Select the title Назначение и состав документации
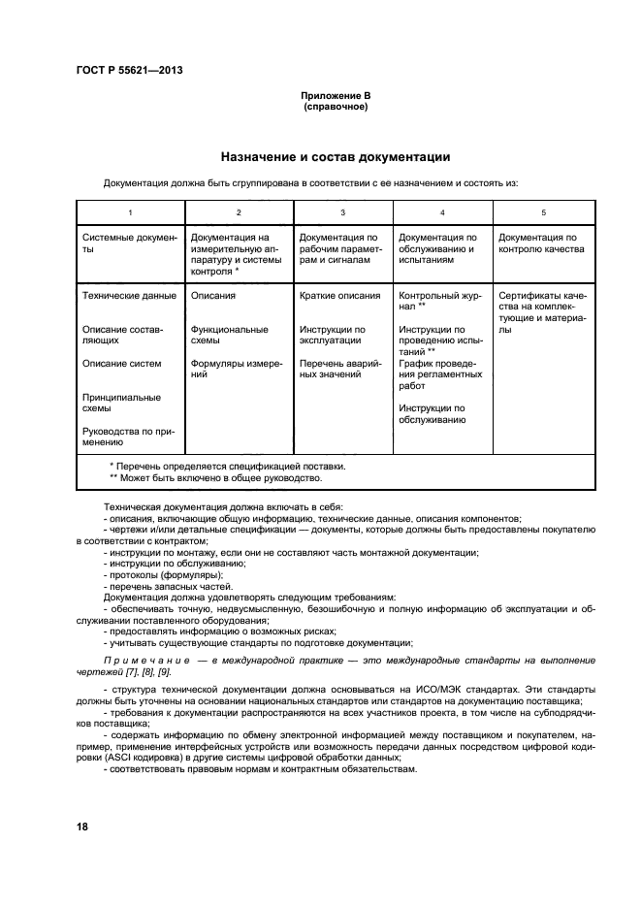[x=335, y=156]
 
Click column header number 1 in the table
[x=130, y=211]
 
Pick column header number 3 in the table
[x=342, y=211]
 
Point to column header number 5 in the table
[x=543, y=211]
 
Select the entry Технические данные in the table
[x=129, y=296]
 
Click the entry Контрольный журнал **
[x=436, y=301]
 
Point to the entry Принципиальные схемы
[x=122, y=403]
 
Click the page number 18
[x=82, y=826]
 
